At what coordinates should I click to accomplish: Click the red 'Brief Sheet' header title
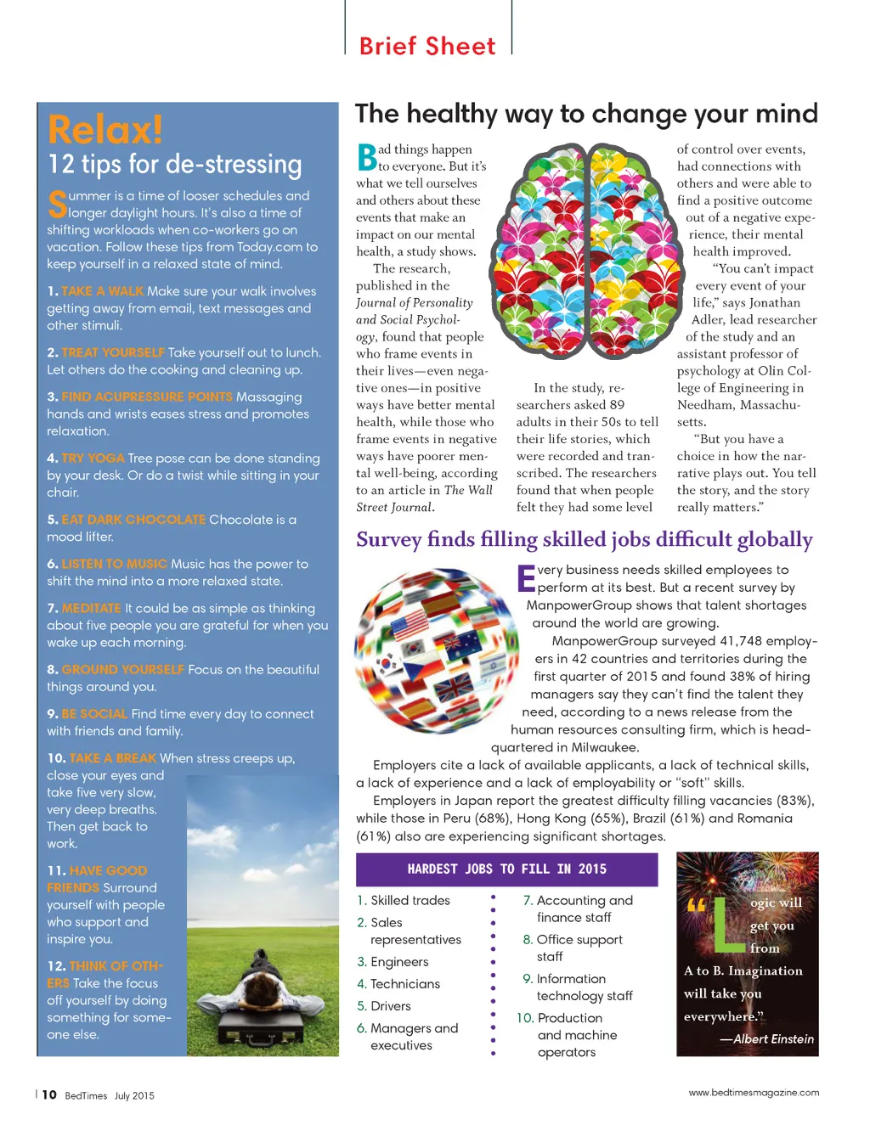pyautogui.click(x=427, y=46)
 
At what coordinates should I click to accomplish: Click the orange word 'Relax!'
pyautogui.click(x=105, y=130)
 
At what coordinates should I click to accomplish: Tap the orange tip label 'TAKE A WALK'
pyautogui.click(x=103, y=291)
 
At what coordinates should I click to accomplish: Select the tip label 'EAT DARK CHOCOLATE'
pyautogui.click(x=133, y=520)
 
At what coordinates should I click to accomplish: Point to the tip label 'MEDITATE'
pyautogui.click(x=92, y=608)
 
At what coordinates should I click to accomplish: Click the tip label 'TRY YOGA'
pyautogui.click(x=93, y=458)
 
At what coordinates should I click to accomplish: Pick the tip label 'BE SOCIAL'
pyautogui.click(x=94, y=714)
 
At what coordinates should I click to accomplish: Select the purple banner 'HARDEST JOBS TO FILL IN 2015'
pyautogui.click(x=506, y=869)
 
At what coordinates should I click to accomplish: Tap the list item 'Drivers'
pyautogui.click(x=391, y=1006)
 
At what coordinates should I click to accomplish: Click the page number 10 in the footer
pyautogui.click(x=49, y=1094)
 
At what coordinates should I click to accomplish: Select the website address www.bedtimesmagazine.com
pyautogui.click(x=754, y=1093)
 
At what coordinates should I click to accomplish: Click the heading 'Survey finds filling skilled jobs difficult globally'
pyautogui.click(x=585, y=540)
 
